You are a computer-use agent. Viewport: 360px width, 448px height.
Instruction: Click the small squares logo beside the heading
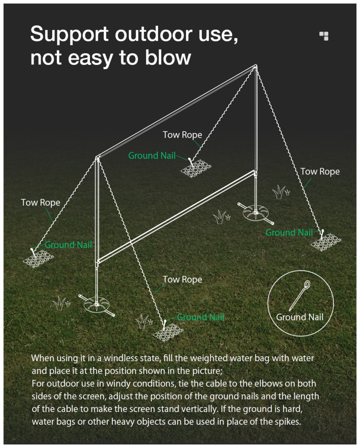324,36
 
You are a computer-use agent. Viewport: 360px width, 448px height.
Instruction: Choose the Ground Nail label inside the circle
299,317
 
